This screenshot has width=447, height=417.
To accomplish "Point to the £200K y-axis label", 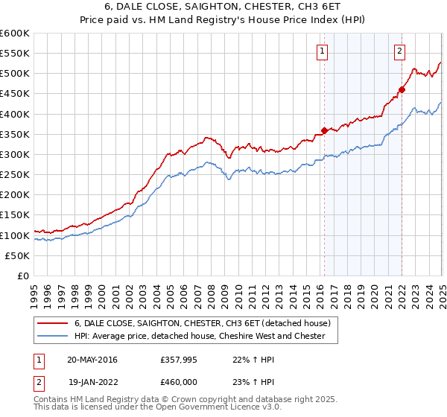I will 14,194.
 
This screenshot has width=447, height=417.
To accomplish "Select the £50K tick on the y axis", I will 17,255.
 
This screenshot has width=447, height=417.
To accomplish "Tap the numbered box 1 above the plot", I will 323,51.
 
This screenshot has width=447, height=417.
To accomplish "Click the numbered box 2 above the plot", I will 400,51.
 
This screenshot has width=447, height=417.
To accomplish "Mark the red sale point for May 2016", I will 324,131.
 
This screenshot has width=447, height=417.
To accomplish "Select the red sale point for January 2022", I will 402,89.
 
